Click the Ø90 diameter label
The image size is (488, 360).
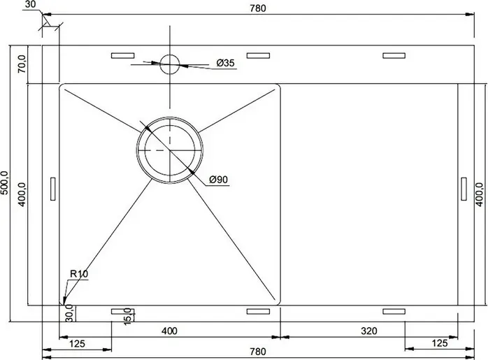pyautogui.click(x=218, y=180)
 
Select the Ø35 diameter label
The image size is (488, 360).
pyautogui.click(x=225, y=63)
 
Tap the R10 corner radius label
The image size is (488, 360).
pyautogui.click(x=79, y=274)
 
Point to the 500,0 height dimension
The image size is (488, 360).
pyautogui.click(x=5, y=182)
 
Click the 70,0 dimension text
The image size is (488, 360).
pyautogui.click(x=22, y=64)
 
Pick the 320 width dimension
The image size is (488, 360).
pyautogui.click(x=369, y=331)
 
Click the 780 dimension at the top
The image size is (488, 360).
pyautogui.click(x=258, y=8)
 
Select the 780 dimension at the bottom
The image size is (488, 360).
pyautogui.click(x=258, y=352)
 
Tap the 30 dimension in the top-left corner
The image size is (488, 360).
pyautogui.click(x=30, y=4)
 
